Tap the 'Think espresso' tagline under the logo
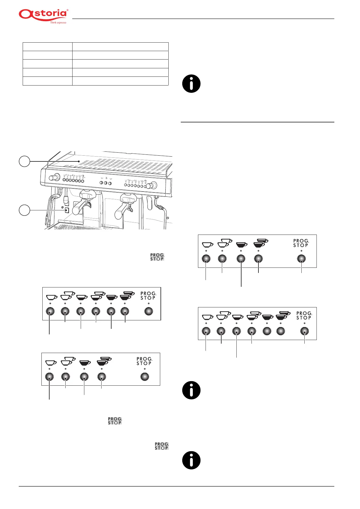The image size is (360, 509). pos(58,23)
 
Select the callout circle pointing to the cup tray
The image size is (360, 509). pos(24,161)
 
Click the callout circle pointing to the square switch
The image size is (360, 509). pos(24,210)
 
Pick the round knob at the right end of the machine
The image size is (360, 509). pos(153,185)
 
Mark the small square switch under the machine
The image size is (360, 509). pos(67,210)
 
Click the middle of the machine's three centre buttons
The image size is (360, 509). pos(105,183)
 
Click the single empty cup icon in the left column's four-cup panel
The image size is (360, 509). pos(51,362)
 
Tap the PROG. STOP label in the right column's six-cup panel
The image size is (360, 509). pos(304,316)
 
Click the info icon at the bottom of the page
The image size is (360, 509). pos(191,460)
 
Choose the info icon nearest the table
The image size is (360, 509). pos(191,84)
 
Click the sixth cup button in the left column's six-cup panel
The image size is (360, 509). pos(125,311)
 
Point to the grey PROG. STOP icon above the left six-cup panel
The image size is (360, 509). pos(157,257)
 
